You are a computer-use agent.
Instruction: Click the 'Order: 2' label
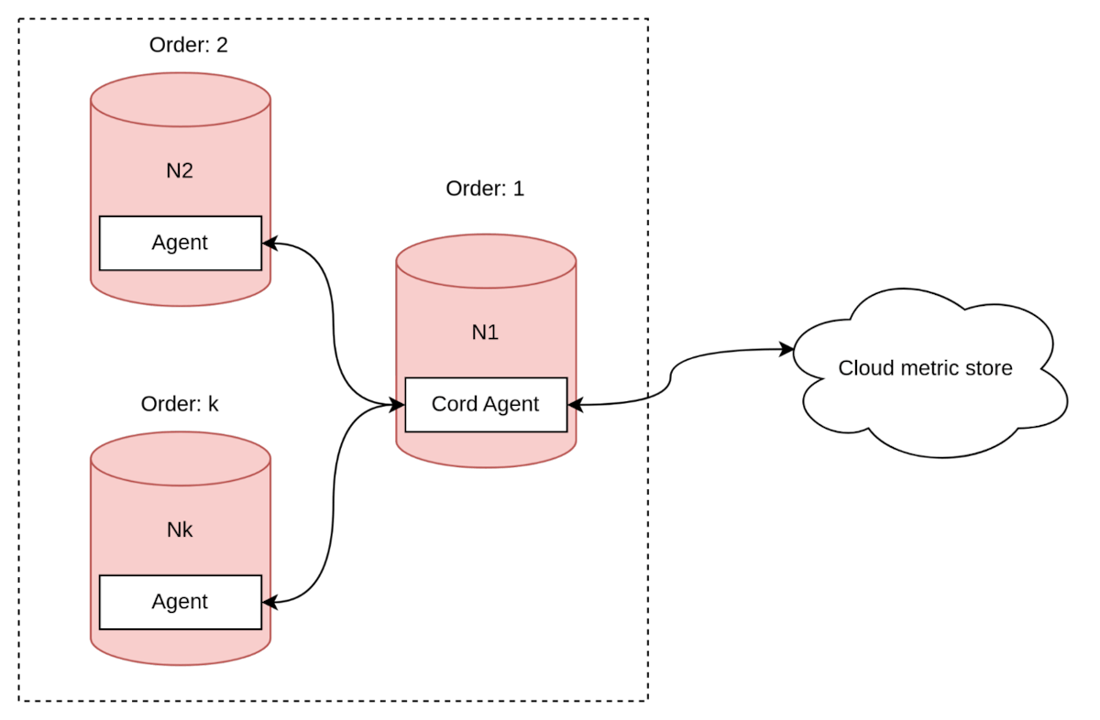[188, 45]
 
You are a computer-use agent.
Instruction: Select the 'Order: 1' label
[485, 189]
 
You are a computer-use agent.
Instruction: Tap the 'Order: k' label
[180, 404]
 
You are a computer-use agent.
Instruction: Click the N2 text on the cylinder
[180, 170]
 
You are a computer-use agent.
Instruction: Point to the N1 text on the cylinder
[485, 332]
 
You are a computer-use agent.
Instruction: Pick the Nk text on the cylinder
[180, 529]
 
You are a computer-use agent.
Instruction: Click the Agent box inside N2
[180, 243]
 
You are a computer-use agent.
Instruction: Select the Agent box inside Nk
[180, 602]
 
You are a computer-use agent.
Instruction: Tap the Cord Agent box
[486, 404]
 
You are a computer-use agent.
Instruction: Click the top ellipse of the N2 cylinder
[180, 100]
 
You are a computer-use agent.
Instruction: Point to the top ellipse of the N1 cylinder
[486, 261]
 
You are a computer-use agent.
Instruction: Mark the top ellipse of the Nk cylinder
[180, 459]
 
